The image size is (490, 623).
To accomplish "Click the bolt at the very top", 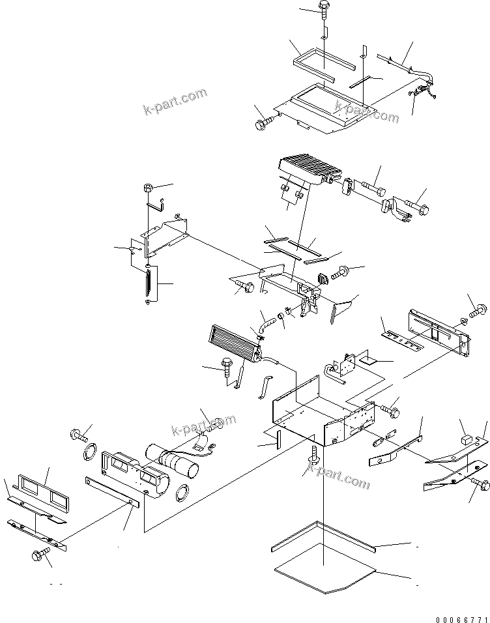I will click(x=324, y=8).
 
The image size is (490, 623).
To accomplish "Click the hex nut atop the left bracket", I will click(x=148, y=189).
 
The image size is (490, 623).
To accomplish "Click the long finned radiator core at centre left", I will click(x=233, y=342).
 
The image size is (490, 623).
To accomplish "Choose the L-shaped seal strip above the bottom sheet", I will click(x=323, y=536).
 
